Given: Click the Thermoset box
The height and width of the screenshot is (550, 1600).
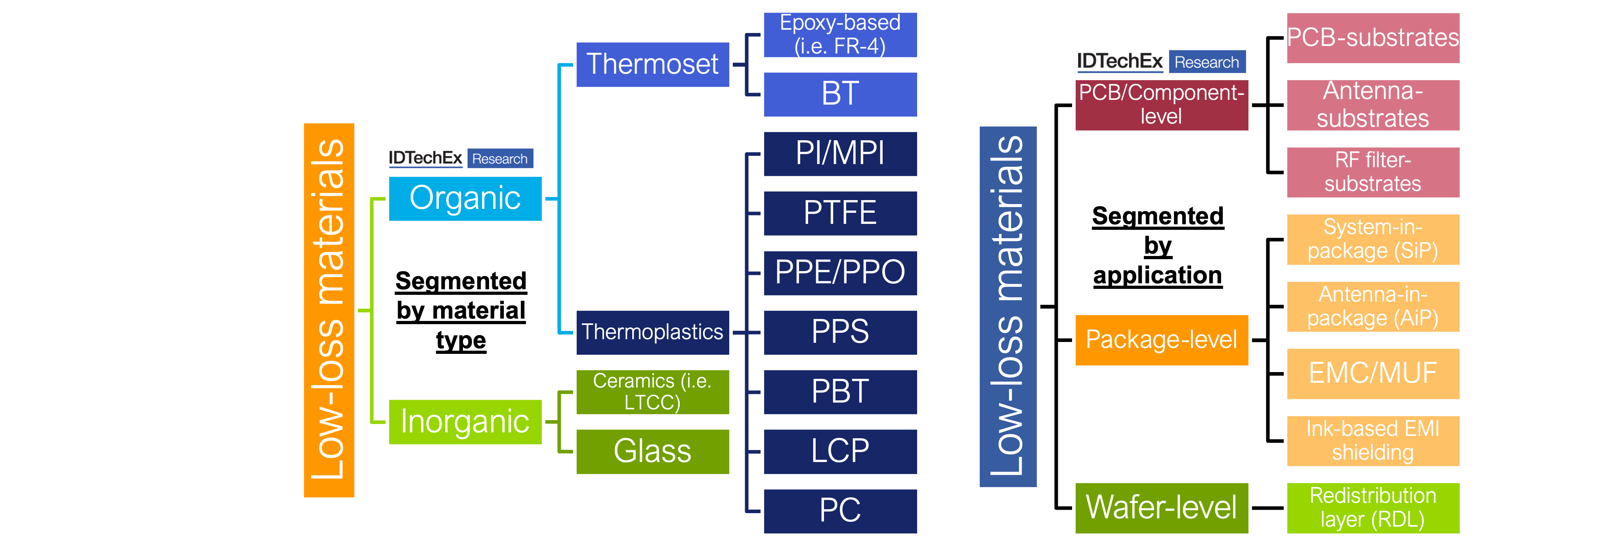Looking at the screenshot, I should [x=652, y=65].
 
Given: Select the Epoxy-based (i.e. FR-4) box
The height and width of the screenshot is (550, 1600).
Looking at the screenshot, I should [x=840, y=35].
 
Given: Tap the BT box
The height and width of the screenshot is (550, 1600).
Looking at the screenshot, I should [x=840, y=94].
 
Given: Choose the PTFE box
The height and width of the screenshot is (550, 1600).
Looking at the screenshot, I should [x=840, y=213].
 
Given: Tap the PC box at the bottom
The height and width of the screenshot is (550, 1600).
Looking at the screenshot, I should [x=840, y=511].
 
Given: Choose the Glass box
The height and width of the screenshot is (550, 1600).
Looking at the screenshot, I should [x=652, y=451].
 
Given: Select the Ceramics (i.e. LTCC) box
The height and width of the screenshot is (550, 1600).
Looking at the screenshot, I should [x=652, y=392].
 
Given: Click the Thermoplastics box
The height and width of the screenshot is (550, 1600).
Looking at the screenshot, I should [x=652, y=332].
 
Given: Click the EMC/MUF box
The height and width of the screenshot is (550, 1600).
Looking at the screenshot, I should [x=1373, y=374].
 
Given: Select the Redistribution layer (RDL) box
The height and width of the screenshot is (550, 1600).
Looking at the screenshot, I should [x=1373, y=508].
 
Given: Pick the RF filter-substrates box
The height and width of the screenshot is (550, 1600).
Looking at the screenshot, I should [x=1373, y=172].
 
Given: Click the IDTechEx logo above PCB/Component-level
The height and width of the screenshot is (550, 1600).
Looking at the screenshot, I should [x=1161, y=61].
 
